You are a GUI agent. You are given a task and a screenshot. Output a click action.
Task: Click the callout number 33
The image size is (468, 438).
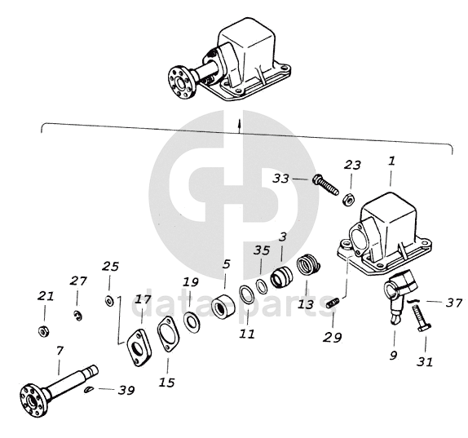[280, 179]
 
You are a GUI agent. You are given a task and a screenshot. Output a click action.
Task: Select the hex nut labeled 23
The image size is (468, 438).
[348, 200]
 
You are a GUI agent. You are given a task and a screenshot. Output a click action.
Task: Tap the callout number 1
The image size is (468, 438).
[391, 161]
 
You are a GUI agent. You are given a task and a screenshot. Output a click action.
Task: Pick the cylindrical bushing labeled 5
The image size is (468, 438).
[222, 307]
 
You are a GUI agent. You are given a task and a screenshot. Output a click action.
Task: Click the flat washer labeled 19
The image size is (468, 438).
[191, 322]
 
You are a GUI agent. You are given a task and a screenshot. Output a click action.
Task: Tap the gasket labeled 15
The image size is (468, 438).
[168, 334]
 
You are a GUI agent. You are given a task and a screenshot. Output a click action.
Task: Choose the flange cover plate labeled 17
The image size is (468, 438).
[139, 347]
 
